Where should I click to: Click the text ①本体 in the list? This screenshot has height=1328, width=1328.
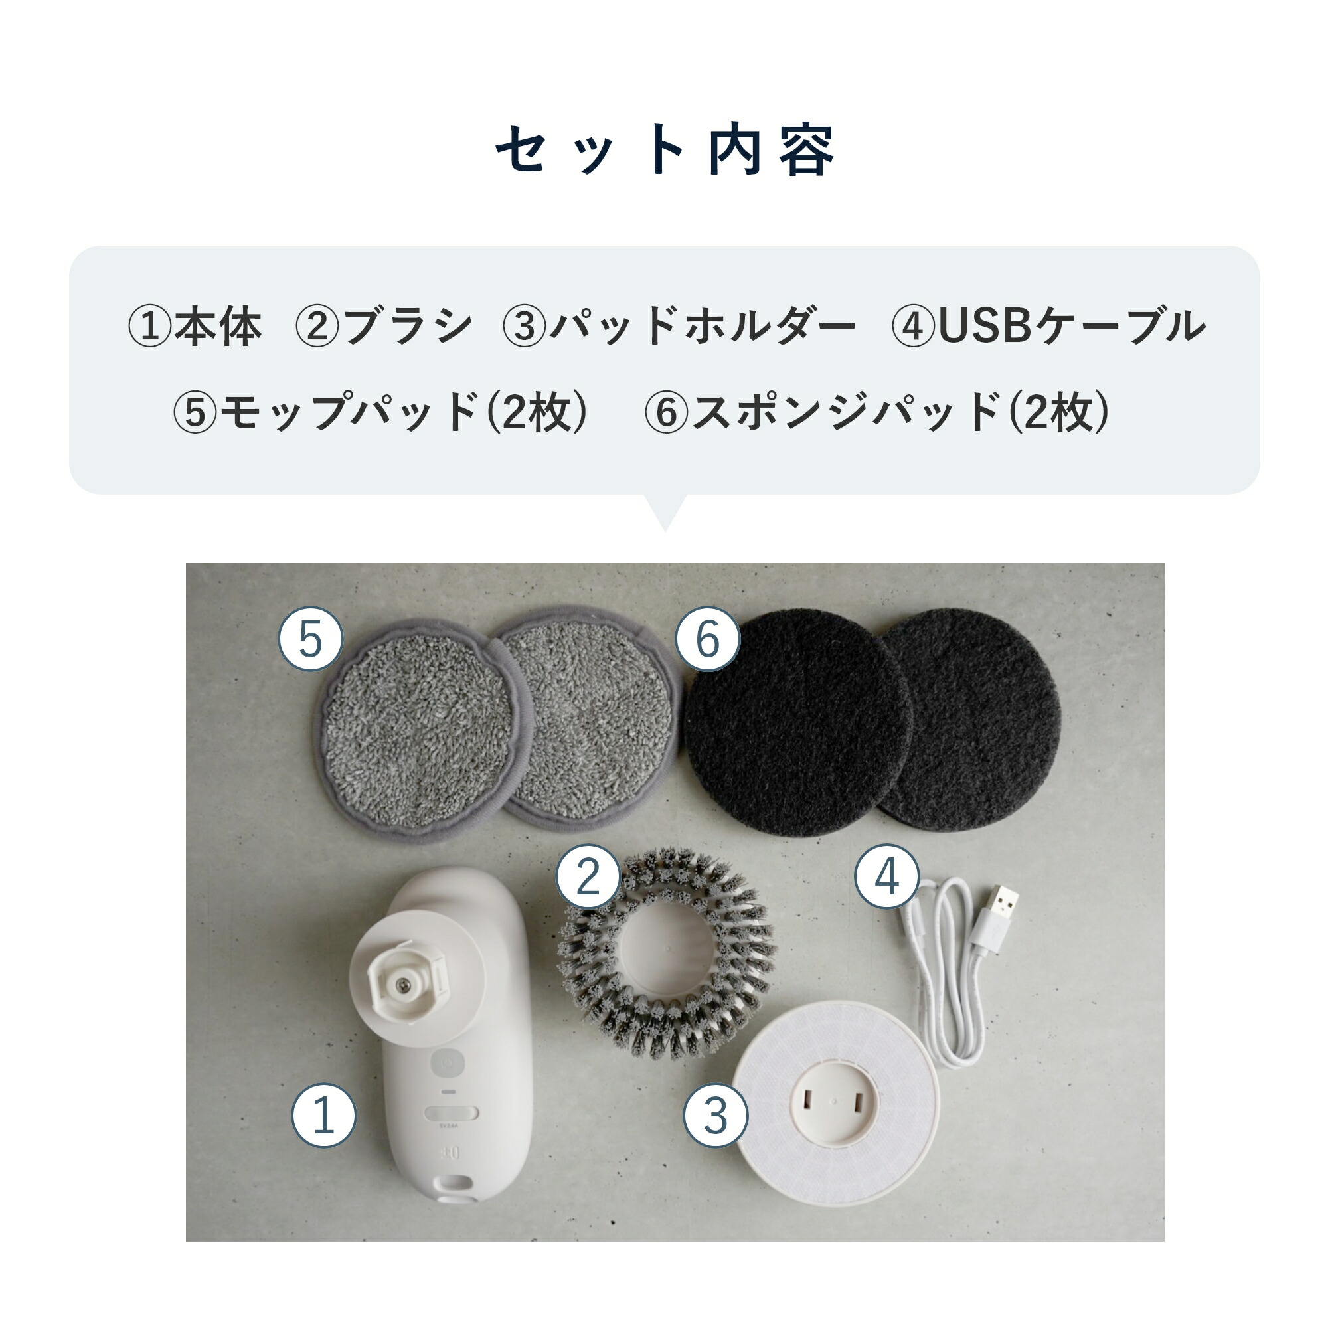point(195,326)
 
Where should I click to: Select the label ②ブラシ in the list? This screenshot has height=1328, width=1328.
point(384,326)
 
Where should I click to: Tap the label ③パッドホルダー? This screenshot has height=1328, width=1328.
point(679,326)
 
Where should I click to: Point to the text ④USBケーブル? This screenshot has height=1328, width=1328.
point(1048,326)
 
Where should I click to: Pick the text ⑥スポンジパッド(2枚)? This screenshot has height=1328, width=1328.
point(877,412)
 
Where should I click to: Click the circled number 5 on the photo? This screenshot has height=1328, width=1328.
point(310,639)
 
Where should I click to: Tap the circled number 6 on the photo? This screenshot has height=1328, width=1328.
point(707,639)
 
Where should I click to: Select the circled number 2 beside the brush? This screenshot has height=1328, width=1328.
point(588,877)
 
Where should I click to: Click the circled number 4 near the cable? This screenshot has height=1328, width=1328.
point(886,877)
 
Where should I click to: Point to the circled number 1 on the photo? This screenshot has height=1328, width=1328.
point(323,1115)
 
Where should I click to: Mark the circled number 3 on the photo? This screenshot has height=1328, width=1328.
point(715,1115)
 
